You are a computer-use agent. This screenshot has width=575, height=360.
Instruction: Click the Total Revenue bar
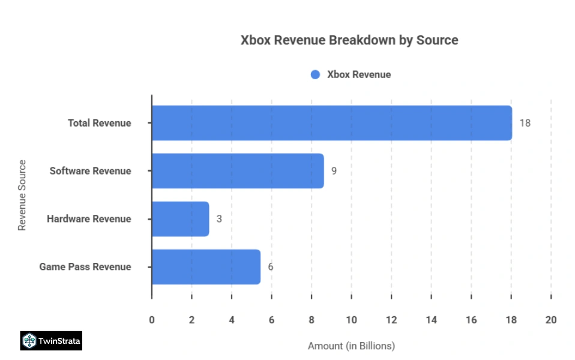point(331,123)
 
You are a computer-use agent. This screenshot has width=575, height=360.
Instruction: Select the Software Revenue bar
point(238,171)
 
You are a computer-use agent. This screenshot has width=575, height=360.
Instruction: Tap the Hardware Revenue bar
point(180,219)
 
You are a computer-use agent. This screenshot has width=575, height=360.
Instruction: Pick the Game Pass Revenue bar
point(206,267)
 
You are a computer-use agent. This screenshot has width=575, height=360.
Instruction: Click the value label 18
point(525,123)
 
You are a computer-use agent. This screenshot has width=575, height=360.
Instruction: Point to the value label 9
point(334,171)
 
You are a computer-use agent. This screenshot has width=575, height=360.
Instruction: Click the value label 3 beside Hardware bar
point(219,219)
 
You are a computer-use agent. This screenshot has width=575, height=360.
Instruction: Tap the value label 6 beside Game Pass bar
point(271,267)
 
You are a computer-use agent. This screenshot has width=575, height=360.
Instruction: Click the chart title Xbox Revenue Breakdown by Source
point(349,40)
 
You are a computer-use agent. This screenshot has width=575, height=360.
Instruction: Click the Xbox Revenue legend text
point(358,75)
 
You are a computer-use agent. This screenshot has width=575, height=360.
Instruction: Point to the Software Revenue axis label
point(90,171)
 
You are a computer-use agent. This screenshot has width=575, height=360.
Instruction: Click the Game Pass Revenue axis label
point(85,267)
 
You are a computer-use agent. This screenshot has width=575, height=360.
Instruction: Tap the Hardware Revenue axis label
point(89,219)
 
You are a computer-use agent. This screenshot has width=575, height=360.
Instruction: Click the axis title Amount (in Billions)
point(351,346)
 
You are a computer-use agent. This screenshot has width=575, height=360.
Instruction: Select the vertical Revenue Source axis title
point(22,195)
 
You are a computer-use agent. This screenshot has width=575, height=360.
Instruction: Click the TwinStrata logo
point(51,341)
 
